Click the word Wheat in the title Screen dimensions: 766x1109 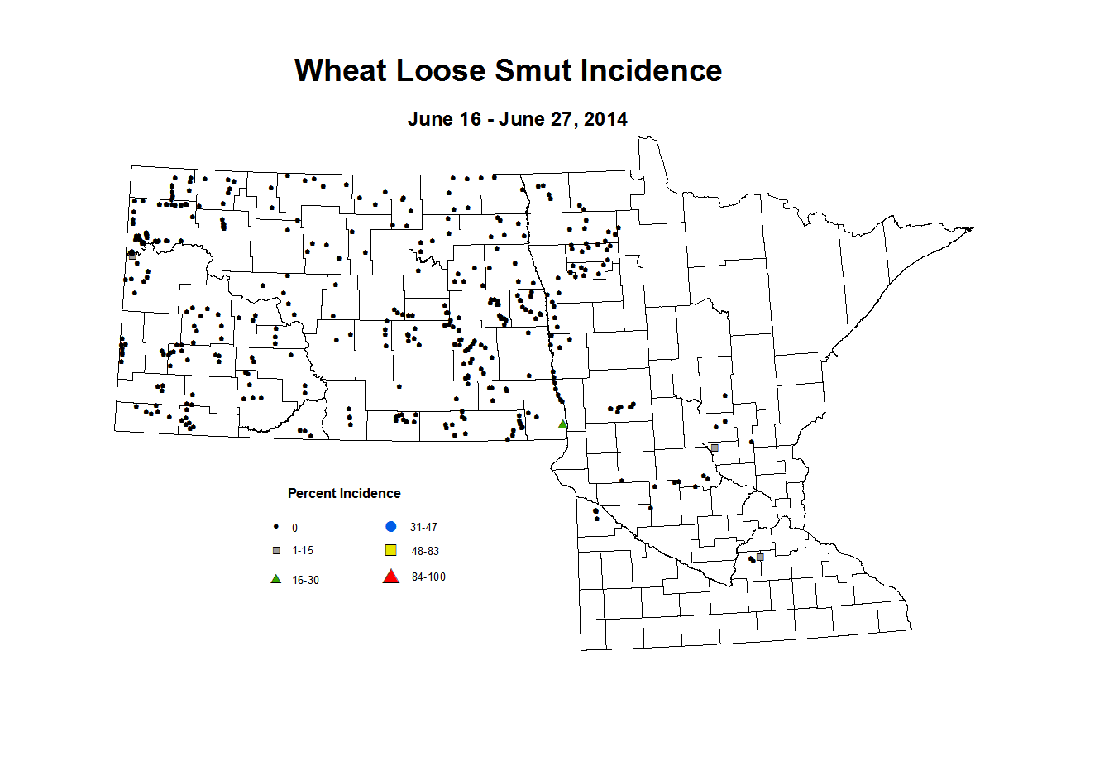point(340,71)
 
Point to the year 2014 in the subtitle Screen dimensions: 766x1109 point(605,119)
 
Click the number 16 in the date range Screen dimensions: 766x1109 point(470,119)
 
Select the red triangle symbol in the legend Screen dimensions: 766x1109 point(391,577)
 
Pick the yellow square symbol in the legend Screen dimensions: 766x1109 point(391,551)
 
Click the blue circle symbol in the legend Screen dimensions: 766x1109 point(391,527)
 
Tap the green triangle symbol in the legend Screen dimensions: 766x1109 point(276,579)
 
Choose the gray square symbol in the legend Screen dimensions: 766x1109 point(276,551)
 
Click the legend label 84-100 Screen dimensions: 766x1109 point(428,577)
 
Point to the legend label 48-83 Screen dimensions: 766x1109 point(425,552)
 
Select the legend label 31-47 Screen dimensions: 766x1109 point(423,528)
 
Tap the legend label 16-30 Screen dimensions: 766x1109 point(305,581)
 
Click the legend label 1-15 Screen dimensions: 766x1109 point(303,551)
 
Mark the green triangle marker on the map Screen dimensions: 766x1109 point(562,424)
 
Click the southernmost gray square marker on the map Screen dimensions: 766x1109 point(760,557)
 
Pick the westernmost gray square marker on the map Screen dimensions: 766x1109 point(132,256)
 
